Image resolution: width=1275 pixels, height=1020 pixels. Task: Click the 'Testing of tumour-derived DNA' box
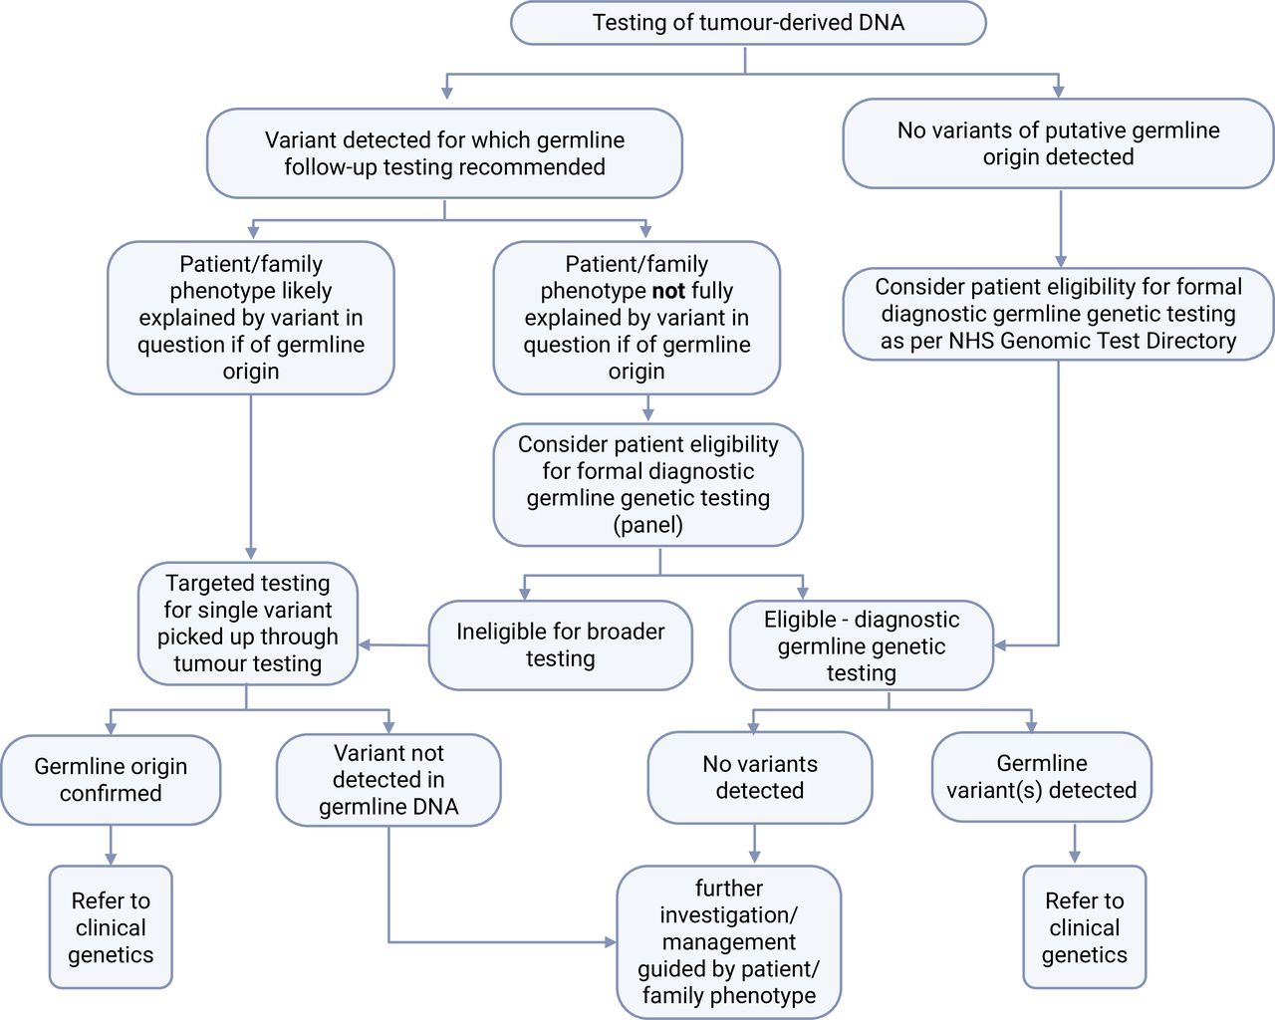click(748, 23)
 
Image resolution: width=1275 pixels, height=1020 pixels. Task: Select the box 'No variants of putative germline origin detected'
click(1058, 143)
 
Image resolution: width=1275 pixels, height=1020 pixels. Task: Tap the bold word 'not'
click(668, 291)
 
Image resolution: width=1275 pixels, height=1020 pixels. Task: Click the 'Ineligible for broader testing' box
click(561, 645)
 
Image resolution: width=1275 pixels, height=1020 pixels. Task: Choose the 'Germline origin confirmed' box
click(111, 780)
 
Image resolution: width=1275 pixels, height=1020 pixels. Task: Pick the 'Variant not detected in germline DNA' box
click(388, 780)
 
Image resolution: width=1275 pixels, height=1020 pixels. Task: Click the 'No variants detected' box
click(760, 778)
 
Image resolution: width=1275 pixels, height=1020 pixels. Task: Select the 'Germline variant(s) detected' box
click(1042, 777)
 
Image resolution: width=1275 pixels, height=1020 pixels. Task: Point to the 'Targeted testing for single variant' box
click(248, 624)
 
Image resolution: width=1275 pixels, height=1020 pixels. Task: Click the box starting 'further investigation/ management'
click(729, 941)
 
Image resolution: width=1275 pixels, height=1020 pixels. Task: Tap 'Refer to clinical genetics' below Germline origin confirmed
click(111, 927)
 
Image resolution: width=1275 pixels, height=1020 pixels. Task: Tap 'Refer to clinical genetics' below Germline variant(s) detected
click(1085, 927)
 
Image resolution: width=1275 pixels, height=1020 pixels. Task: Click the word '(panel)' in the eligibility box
click(648, 525)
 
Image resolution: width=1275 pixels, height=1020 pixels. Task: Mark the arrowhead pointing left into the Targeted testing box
click(365, 644)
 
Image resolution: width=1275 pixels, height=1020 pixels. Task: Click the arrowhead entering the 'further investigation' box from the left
click(611, 941)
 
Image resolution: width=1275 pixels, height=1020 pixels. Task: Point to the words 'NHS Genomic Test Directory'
click(1093, 341)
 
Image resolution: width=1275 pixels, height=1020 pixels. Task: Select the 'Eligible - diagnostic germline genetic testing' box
click(862, 645)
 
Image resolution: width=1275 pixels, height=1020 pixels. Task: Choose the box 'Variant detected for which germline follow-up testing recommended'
click(444, 153)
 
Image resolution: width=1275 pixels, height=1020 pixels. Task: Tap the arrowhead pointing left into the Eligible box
click(1001, 645)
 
